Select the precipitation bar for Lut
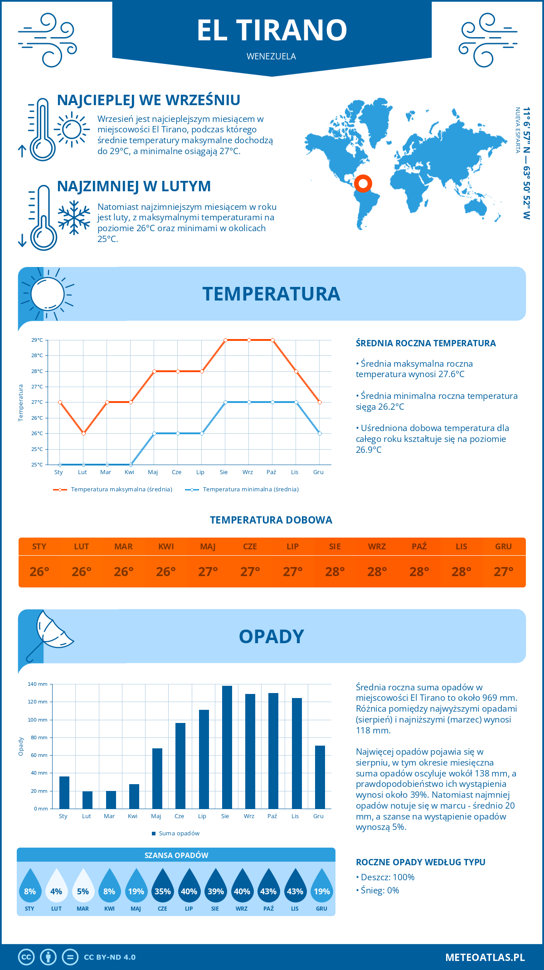click(87, 800)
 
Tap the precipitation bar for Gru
click(320, 777)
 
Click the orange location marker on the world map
click(363, 184)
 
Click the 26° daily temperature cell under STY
click(39, 572)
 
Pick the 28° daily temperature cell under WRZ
click(377, 572)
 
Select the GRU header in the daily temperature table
click(503, 547)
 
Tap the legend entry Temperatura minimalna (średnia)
click(250, 490)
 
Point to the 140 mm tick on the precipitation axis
click(38, 684)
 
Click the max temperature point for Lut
click(83, 433)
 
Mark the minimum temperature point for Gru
click(320, 433)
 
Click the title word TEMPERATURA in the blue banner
click(271, 294)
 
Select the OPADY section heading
click(271, 636)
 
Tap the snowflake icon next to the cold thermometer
click(74, 218)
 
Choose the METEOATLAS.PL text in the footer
click(485, 957)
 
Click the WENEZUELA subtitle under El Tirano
click(271, 56)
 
